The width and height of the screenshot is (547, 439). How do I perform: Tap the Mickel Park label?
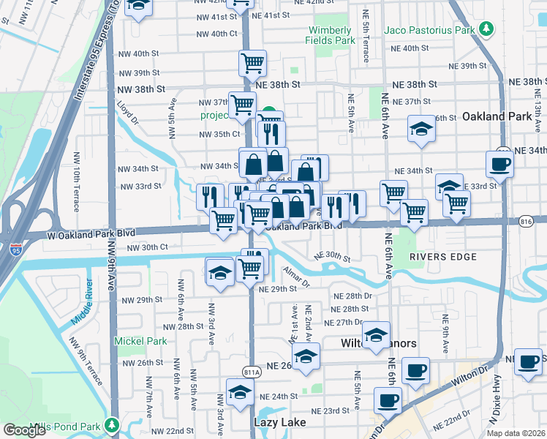click(140, 341)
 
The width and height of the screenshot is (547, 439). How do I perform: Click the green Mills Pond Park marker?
click(111, 424)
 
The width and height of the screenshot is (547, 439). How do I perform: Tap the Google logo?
click(25, 430)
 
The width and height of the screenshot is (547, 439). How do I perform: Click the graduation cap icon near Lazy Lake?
click(240, 392)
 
